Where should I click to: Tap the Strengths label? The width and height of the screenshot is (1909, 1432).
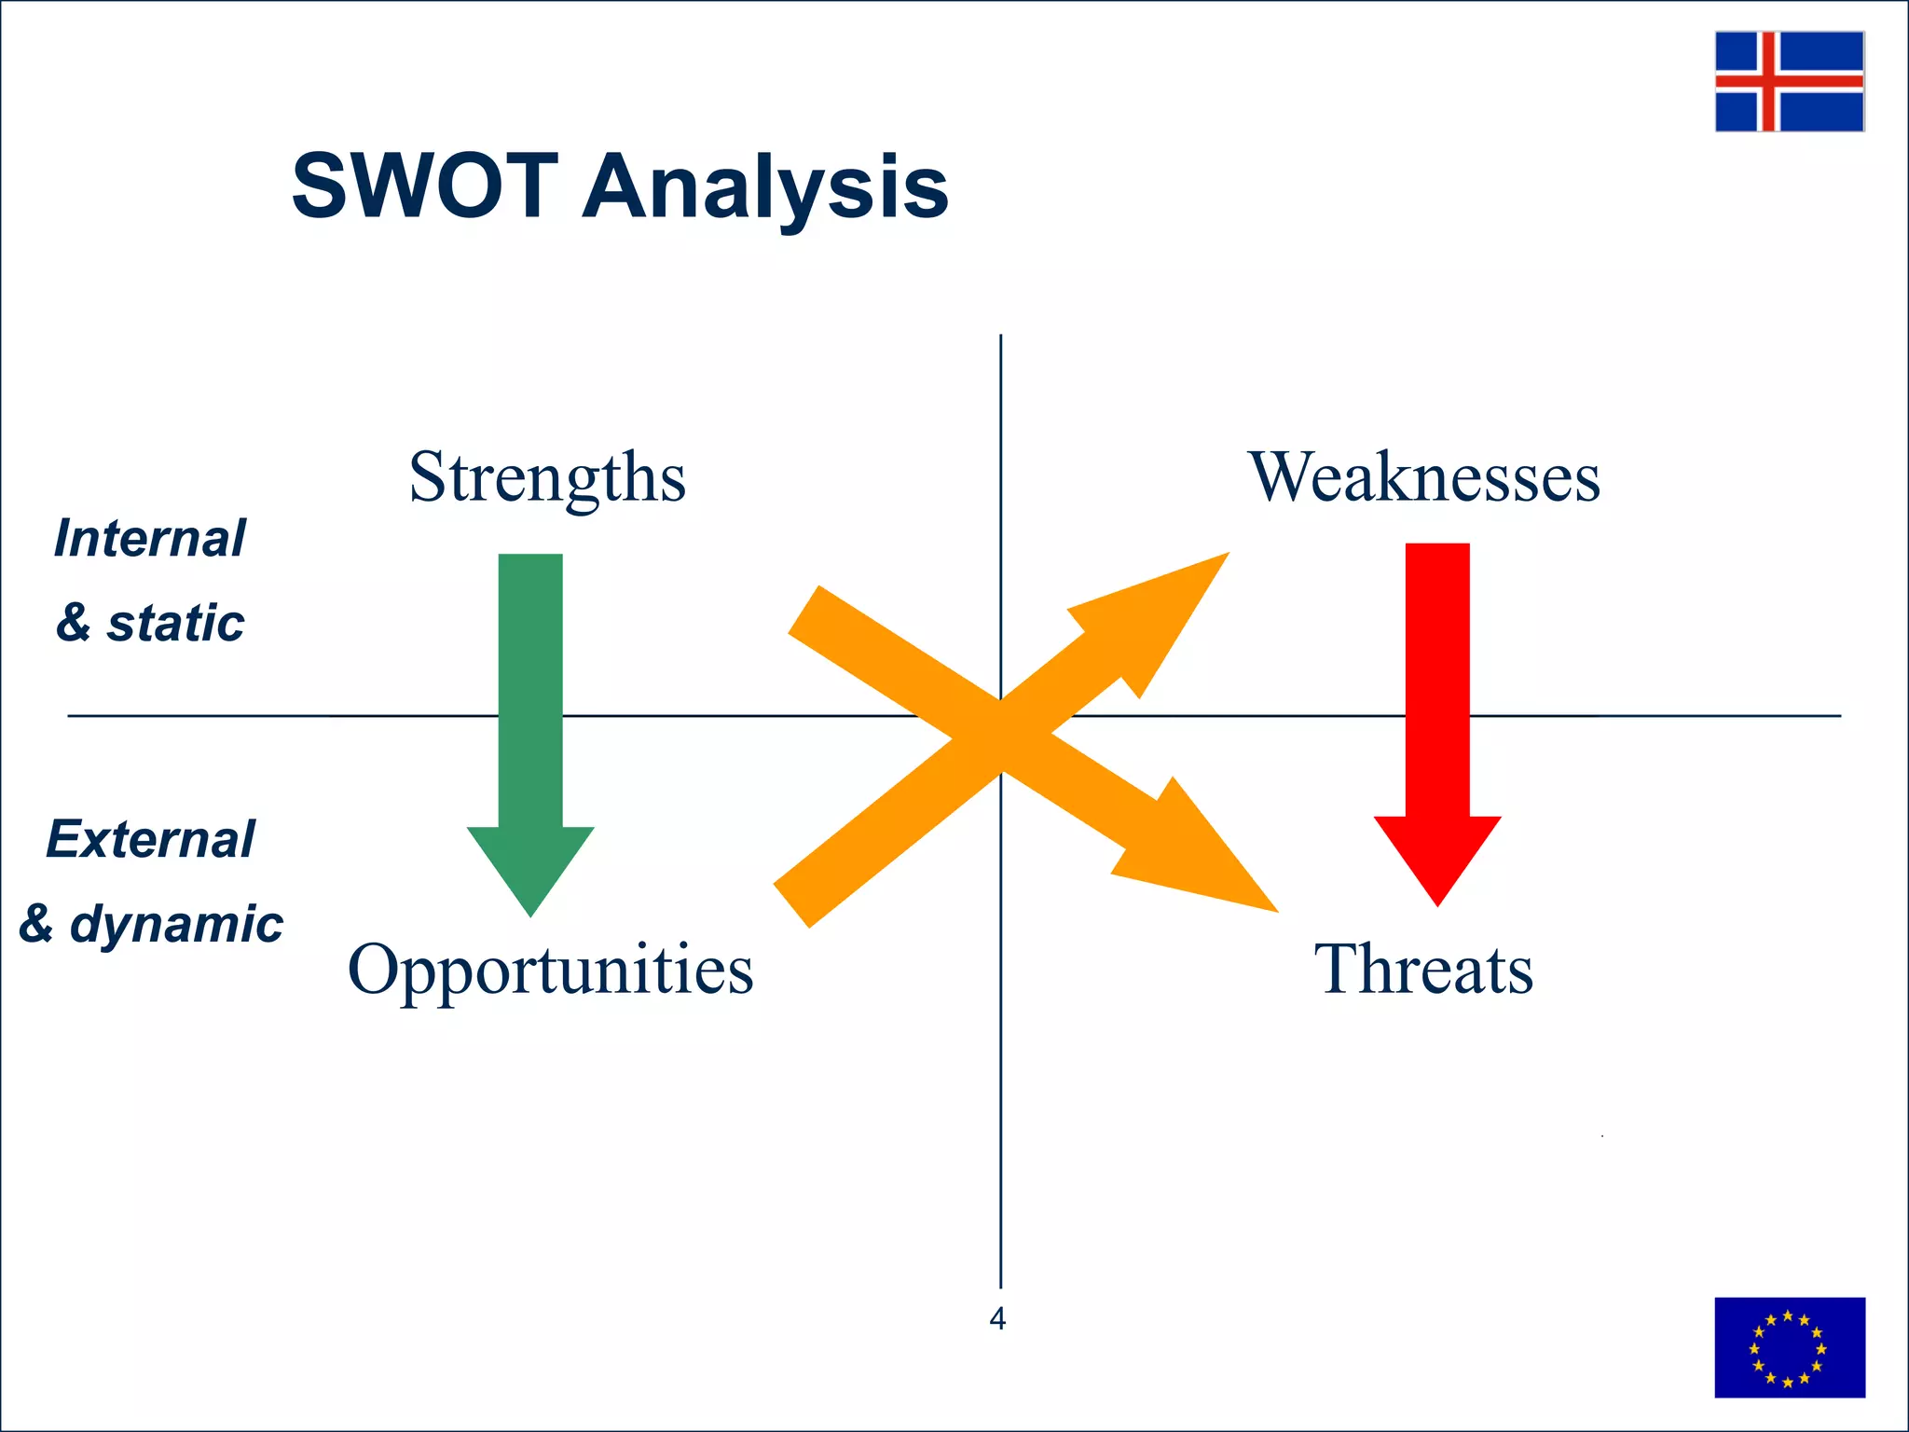click(x=547, y=477)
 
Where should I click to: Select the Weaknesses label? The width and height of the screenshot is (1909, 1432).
click(x=1424, y=477)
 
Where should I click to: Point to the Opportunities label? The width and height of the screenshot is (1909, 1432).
click(x=550, y=970)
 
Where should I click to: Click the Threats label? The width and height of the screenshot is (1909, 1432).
click(x=1423, y=970)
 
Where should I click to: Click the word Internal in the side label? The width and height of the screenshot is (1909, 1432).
click(x=149, y=539)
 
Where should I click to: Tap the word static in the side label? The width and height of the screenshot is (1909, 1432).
click(x=175, y=623)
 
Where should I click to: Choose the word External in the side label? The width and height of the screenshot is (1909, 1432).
click(x=150, y=839)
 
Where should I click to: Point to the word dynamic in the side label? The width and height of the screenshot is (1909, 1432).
click(x=176, y=924)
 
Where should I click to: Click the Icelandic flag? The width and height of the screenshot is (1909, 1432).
click(x=1789, y=81)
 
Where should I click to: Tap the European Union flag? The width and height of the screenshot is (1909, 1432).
click(x=1789, y=1347)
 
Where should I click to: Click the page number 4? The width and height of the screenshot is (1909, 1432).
click(x=997, y=1319)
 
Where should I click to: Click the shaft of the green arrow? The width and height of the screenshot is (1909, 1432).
click(x=530, y=690)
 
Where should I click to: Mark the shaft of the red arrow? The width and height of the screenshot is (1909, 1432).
click(x=1437, y=681)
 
